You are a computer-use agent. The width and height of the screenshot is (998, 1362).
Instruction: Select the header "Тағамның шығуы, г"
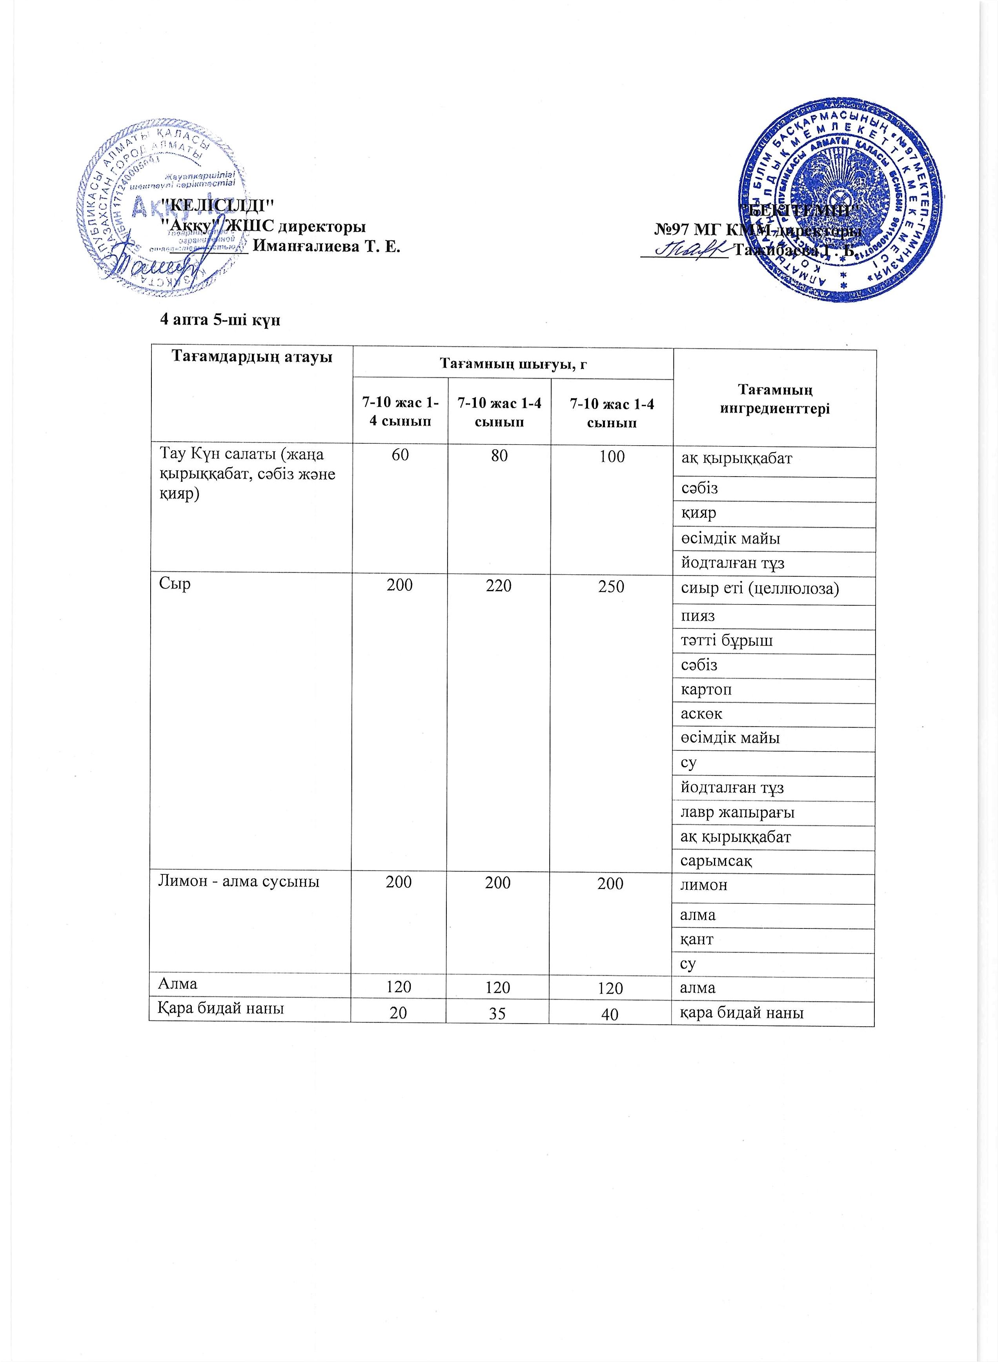(x=513, y=364)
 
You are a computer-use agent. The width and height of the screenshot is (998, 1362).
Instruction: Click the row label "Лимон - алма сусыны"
(x=238, y=881)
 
